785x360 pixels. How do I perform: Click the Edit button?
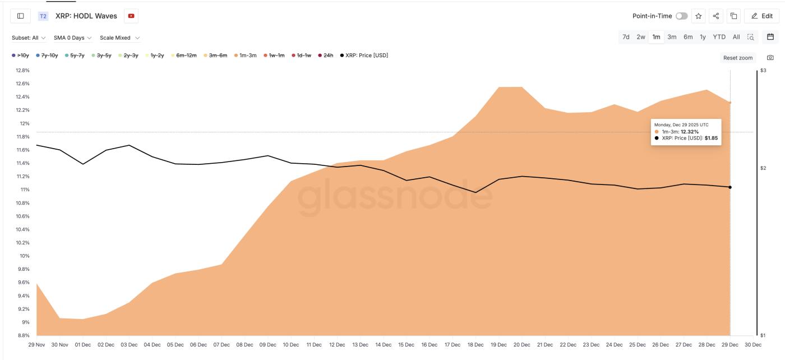click(761, 16)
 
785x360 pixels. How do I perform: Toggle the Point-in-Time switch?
click(681, 16)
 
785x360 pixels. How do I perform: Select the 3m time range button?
click(672, 37)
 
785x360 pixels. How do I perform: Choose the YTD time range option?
click(719, 37)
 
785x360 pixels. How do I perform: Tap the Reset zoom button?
click(737, 58)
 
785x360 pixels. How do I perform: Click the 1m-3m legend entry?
click(244, 56)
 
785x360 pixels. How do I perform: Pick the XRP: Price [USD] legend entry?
click(364, 56)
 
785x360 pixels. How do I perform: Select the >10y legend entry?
click(20, 56)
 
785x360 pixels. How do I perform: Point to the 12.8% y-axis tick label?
click(22, 71)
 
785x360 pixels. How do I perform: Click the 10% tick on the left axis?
click(25, 256)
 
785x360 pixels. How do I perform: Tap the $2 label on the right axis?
click(763, 168)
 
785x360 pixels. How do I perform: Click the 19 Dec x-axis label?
click(498, 345)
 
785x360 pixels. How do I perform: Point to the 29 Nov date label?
click(36, 345)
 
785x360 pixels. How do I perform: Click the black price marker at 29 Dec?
click(730, 187)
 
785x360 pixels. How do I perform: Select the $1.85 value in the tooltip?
click(711, 138)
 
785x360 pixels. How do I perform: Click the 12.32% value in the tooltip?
click(690, 132)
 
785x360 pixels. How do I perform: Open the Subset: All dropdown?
click(29, 38)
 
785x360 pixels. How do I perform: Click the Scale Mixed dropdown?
click(120, 38)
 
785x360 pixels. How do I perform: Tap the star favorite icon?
click(699, 16)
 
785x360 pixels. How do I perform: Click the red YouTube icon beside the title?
click(131, 16)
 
